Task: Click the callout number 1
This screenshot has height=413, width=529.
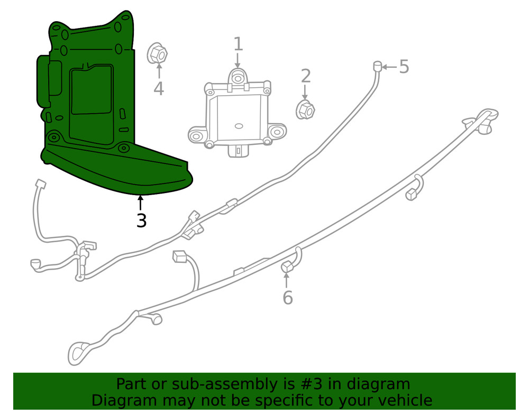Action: click(x=238, y=44)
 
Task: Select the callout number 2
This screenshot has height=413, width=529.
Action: click(x=306, y=76)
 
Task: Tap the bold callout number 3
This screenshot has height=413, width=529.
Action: click(x=141, y=220)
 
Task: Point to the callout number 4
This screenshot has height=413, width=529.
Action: click(x=159, y=88)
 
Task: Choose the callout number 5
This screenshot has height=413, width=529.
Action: click(x=404, y=67)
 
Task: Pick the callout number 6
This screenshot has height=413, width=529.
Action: click(x=287, y=298)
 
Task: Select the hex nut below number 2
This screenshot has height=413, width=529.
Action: click(x=305, y=109)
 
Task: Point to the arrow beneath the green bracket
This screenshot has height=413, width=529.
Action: click(x=140, y=203)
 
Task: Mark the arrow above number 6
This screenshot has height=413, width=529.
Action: click(x=287, y=281)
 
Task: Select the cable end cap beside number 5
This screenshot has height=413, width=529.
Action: click(x=378, y=66)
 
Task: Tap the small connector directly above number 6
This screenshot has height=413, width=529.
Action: click(x=287, y=268)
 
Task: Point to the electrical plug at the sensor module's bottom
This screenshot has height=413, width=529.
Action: click(x=238, y=150)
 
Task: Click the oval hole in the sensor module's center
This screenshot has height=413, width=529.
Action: click(x=238, y=126)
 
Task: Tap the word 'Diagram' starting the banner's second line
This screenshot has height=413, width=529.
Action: click(x=124, y=400)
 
